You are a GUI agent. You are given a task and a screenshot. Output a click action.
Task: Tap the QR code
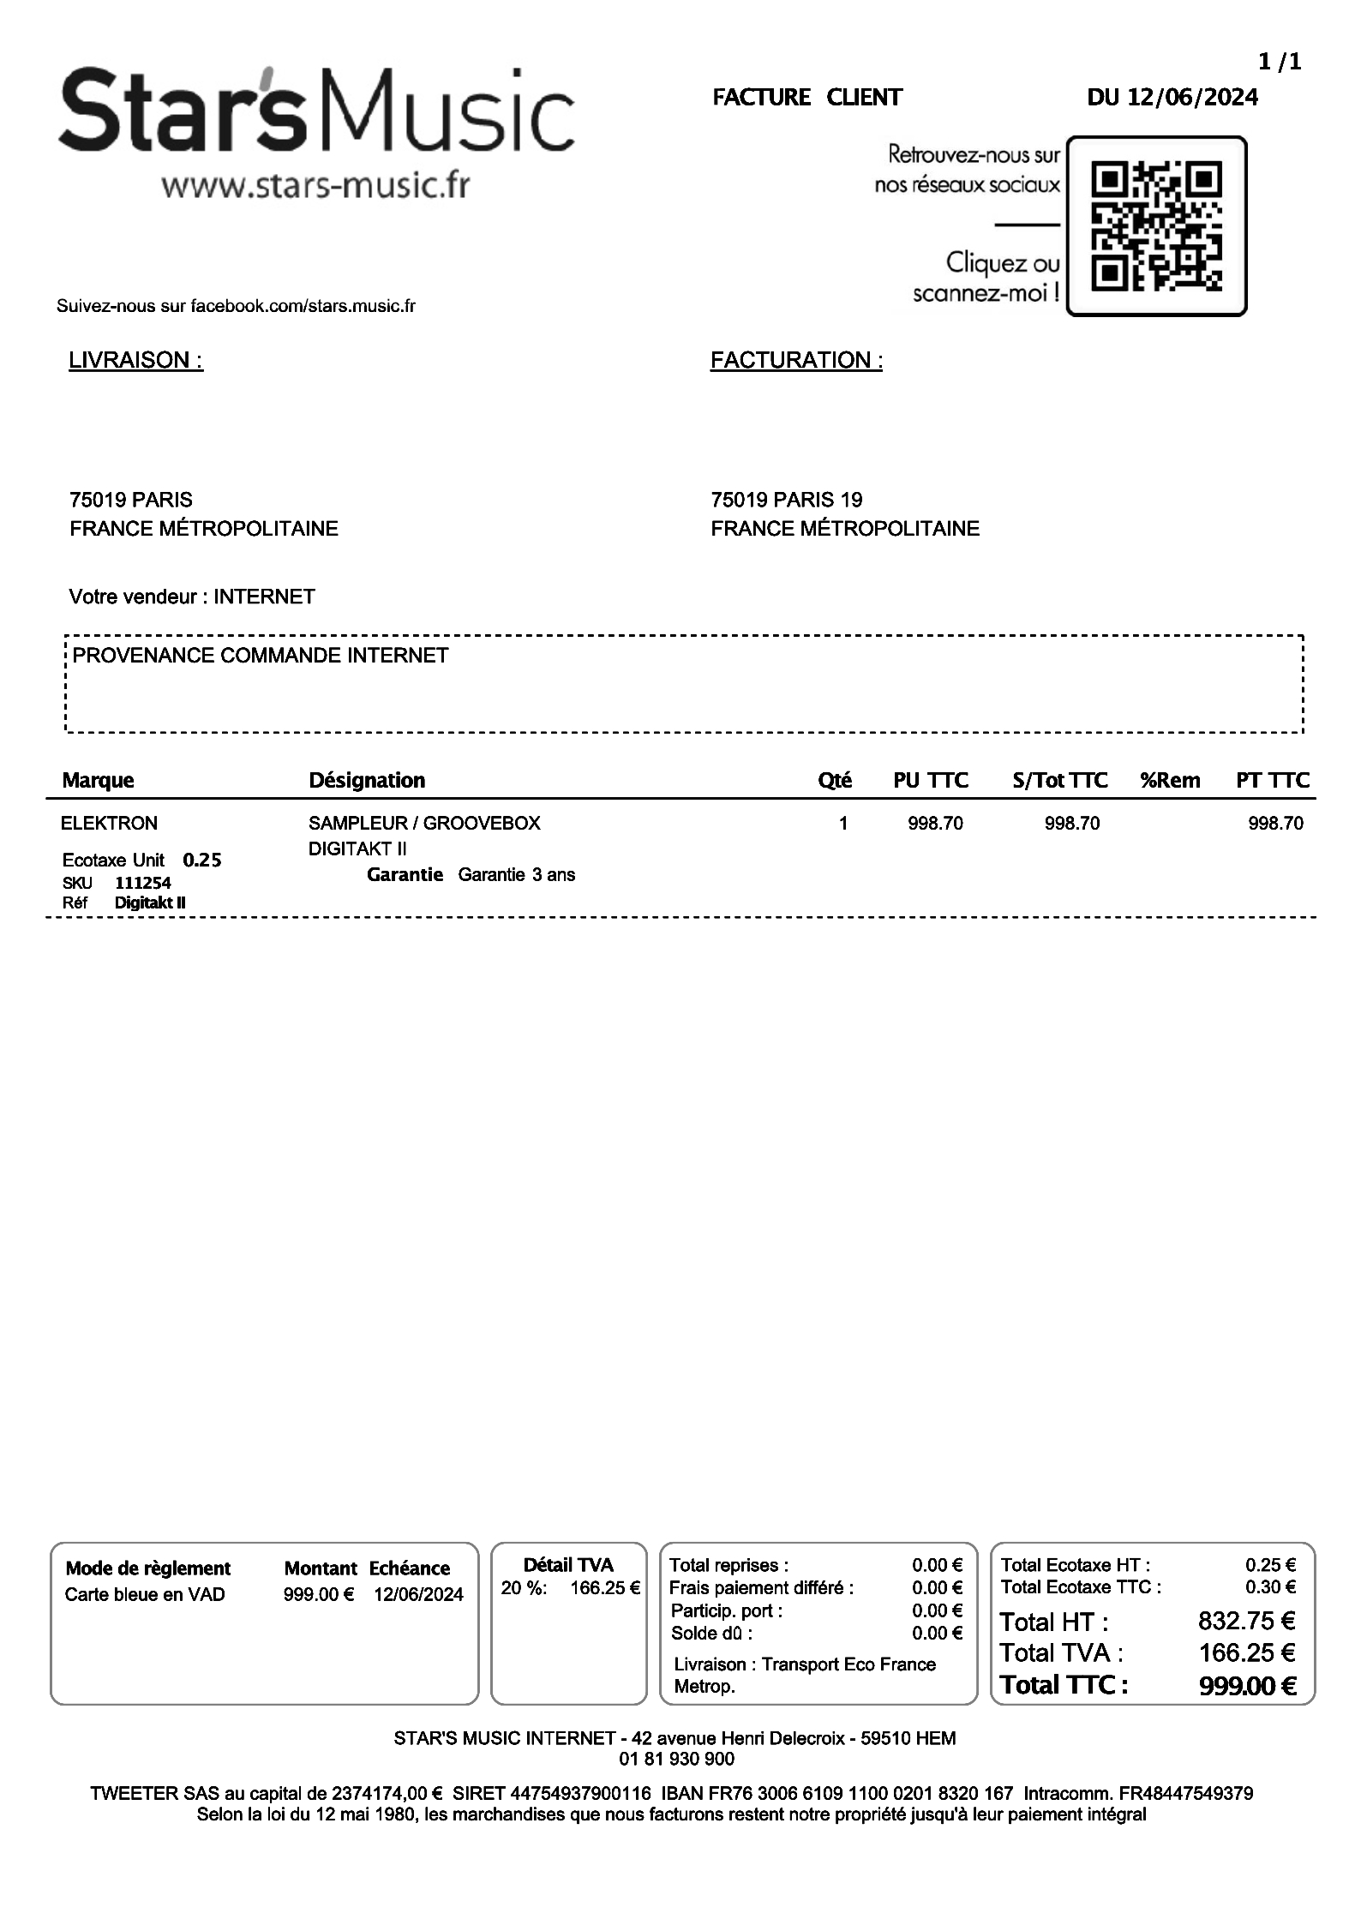[x=1156, y=226]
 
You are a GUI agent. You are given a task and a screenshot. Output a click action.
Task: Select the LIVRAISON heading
[x=135, y=360]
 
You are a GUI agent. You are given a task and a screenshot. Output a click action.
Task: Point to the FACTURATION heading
[x=796, y=360]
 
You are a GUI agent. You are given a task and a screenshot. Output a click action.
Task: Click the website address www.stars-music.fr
[x=315, y=185]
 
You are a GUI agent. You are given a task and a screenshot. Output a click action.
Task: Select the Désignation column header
[x=367, y=780]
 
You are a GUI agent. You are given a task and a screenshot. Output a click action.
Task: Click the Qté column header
[x=834, y=780]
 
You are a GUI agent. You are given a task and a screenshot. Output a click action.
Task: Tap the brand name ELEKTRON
[x=109, y=823]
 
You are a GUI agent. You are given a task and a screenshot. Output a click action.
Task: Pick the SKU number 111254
[x=143, y=883]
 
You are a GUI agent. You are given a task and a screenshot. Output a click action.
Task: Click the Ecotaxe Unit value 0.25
[x=202, y=860]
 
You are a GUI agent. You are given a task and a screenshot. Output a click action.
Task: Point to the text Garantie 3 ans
[x=516, y=875]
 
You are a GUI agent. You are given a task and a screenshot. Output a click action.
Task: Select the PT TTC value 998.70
[x=1275, y=824]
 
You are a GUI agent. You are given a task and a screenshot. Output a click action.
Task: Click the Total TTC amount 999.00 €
[x=1247, y=1686]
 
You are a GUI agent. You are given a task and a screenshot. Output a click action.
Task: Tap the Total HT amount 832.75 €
[x=1246, y=1621]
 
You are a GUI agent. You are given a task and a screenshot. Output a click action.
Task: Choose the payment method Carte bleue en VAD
[x=145, y=1594]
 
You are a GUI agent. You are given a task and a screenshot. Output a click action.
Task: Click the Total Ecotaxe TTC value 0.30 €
[x=1270, y=1586]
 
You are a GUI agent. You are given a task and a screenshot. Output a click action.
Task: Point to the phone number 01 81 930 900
[x=676, y=1759]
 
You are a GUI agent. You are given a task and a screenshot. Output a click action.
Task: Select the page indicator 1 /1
[x=1280, y=62]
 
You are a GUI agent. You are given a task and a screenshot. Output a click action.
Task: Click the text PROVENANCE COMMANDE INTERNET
[x=261, y=656]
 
